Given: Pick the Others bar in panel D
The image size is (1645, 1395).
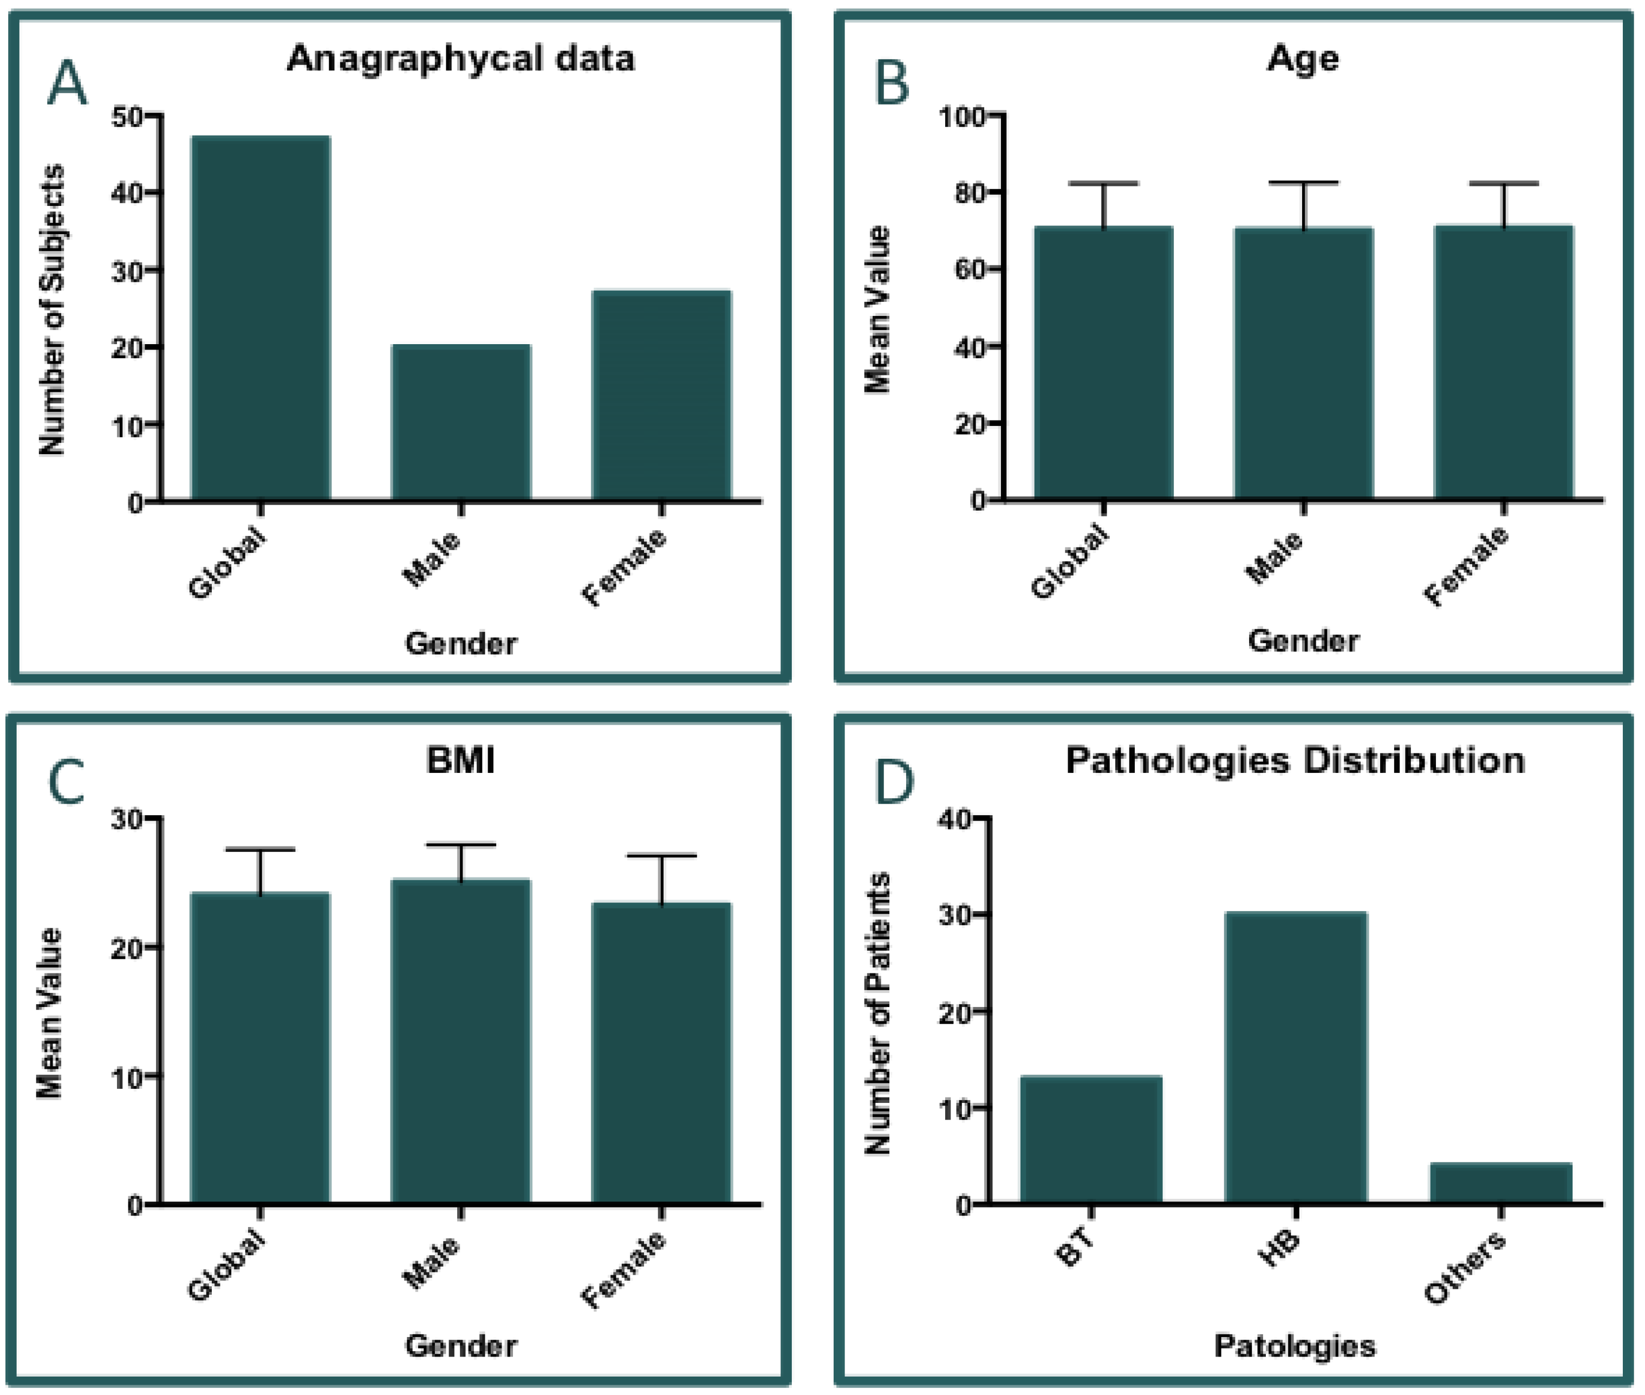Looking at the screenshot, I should pyautogui.click(x=1500, y=1183).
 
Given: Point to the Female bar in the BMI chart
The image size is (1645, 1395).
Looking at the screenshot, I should pyautogui.click(x=662, y=1052).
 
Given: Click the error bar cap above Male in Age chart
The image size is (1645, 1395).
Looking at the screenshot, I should pyautogui.click(x=1304, y=183).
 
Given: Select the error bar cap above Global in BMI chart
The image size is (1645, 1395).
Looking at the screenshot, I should pyautogui.click(x=260, y=849).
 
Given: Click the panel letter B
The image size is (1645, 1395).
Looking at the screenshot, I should pyautogui.click(x=893, y=84).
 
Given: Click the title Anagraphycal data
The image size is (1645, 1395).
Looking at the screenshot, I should pyautogui.click(x=461, y=59).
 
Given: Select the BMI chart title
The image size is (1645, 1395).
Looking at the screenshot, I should pyautogui.click(x=461, y=760).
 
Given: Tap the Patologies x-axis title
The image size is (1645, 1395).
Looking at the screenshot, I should pyautogui.click(x=1295, y=1345).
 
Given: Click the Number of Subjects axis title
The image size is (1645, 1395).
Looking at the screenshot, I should pyautogui.click(x=52, y=309).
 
